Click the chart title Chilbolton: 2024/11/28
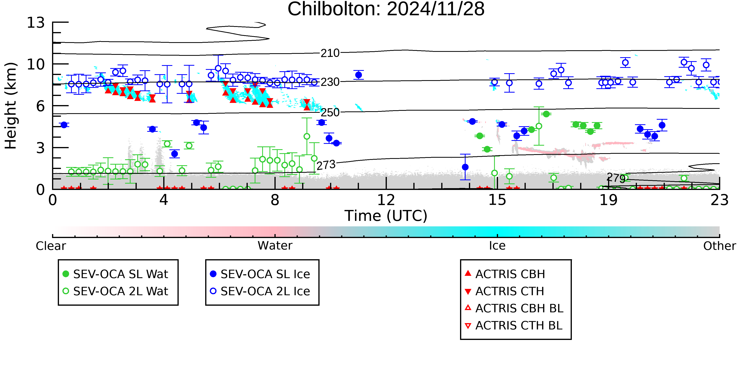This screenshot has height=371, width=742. coord(386,9)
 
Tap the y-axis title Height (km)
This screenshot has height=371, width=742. coord(11,106)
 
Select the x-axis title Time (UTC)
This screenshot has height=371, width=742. coord(386,216)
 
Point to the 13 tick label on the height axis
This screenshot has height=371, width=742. coord(36,23)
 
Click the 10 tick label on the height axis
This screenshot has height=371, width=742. coord(36,64)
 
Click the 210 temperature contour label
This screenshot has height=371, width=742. coord(330,53)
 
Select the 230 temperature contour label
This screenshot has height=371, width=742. coord(330,82)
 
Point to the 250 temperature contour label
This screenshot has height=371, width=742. coord(330,113)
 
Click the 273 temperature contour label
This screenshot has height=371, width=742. coord(326,165)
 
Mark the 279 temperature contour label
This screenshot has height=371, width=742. coord(616,178)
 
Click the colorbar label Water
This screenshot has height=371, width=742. coord(275,246)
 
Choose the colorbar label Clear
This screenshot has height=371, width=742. coord(51,246)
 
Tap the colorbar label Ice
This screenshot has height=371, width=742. coord(497,246)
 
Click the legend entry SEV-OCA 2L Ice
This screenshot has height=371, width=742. coord(260,291)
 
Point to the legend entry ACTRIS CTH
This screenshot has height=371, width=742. coord(504,291)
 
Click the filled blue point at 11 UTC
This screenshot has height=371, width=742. coord(359,75)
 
